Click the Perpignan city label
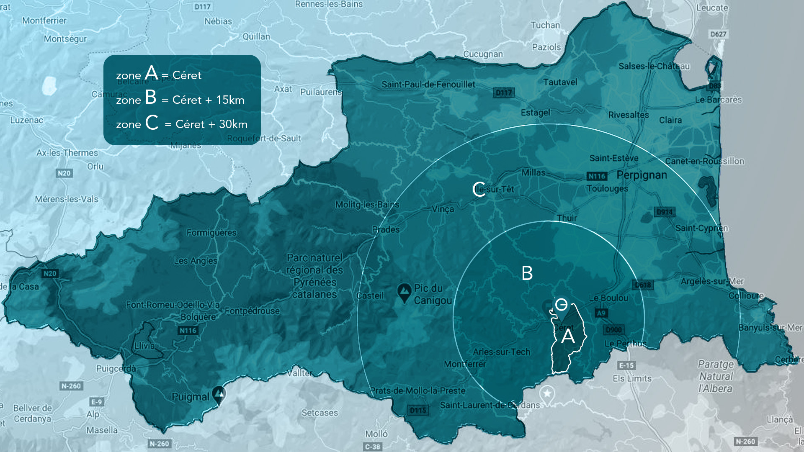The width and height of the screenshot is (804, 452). point(642,175)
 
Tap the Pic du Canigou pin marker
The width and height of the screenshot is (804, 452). point(404,292)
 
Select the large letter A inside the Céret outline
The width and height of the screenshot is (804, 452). point(568,336)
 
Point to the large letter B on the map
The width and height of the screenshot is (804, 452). point(527,273)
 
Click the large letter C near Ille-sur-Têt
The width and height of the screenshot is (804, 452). point(479,189)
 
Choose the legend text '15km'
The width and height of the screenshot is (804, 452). point(230,100)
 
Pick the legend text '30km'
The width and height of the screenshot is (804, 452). point(233,124)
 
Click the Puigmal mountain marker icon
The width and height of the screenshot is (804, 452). point(219,395)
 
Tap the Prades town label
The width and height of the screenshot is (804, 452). point(386,229)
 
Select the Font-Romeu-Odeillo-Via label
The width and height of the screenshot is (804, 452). point(173,305)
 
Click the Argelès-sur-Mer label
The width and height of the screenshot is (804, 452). point(712,281)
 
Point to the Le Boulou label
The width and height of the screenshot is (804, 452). point(608,298)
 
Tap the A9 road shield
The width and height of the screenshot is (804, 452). point(601,313)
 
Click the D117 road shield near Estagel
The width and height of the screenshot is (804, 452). point(503,92)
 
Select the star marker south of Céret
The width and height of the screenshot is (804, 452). point(547,393)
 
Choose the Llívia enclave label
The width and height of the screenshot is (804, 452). point(144,346)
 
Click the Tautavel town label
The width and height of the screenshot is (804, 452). point(560,82)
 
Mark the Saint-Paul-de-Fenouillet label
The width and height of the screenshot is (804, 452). point(428,85)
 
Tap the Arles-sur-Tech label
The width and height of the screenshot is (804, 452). point(501,352)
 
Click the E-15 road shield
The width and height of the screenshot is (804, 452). point(626,365)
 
